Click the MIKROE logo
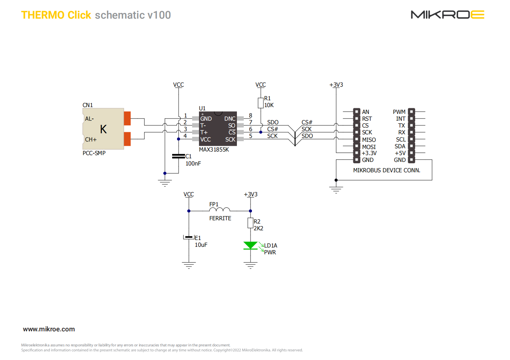[x=447, y=15]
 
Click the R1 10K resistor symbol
[x=261, y=103]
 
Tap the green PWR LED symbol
[x=250, y=245]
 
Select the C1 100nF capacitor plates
[x=178, y=156]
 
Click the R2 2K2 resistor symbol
[x=250, y=223]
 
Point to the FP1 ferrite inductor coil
[x=219, y=209]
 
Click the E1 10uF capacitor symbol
[x=189, y=237]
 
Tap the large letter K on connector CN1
[x=103, y=129]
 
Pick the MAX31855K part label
[x=214, y=150]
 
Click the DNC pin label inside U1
[x=230, y=119]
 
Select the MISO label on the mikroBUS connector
[x=369, y=140]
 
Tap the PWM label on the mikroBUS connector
[x=399, y=112]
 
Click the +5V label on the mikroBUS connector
[x=400, y=153]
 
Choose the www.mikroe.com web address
[x=49, y=329]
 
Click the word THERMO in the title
[x=43, y=15]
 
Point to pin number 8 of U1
[x=251, y=115]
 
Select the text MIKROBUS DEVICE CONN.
[x=387, y=171]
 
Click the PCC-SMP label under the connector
[x=94, y=153]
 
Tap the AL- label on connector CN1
[x=89, y=119]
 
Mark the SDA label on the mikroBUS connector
[x=400, y=147]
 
